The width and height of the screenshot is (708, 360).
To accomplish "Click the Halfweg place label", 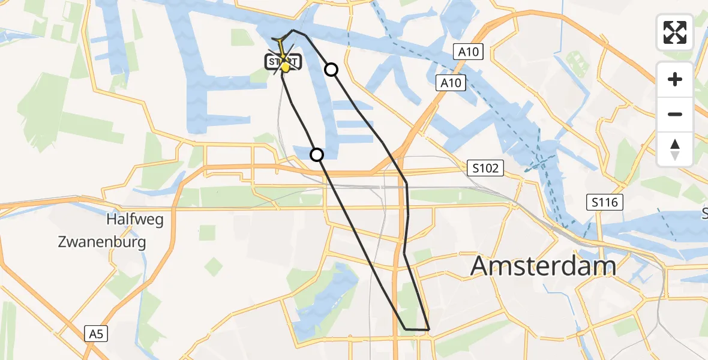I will tap(134, 220).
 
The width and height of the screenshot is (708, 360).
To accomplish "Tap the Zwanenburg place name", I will tap(102, 242).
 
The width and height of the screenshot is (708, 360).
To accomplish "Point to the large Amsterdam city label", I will tap(543, 265).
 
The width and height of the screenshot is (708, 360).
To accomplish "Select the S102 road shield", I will tap(485, 169).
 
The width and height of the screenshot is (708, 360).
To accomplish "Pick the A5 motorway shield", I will tap(97, 334).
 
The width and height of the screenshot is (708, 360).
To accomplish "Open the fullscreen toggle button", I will tap(675, 32).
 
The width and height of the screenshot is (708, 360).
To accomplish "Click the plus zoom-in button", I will tap(675, 79).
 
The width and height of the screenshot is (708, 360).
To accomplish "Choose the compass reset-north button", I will tap(675, 149).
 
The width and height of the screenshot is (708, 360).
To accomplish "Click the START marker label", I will tap(283, 61).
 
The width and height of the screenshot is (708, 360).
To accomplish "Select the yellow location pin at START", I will tap(286, 68).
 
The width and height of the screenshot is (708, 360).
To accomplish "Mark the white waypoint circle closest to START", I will tap(331, 70).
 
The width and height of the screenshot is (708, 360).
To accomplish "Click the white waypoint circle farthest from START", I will tap(317, 155).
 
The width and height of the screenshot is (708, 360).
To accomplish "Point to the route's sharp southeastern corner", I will tap(429, 329).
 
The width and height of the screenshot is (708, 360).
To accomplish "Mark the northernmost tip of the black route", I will tap(293, 29).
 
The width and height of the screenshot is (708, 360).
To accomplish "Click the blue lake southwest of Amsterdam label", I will tap(318, 294).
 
